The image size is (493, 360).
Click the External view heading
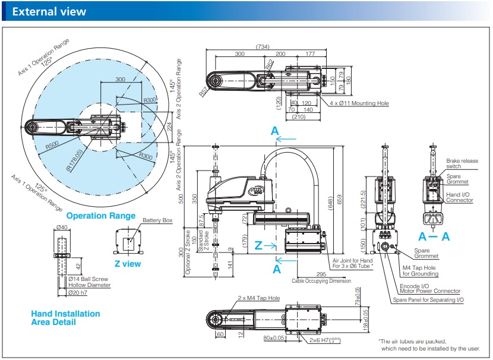(49, 11)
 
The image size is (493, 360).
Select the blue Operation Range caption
(101, 216)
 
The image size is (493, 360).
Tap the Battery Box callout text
(157, 220)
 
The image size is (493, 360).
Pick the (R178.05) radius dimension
(76, 158)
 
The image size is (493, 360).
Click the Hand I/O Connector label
(459, 197)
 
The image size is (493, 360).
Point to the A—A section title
(434, 236)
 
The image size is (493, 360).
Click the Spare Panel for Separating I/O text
(428, 300)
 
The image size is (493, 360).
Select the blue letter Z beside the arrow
(258, 245)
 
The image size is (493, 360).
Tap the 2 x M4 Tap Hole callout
(258, 298)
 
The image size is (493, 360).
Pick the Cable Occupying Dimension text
(321, 281)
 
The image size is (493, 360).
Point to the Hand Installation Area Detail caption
(65, 318)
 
